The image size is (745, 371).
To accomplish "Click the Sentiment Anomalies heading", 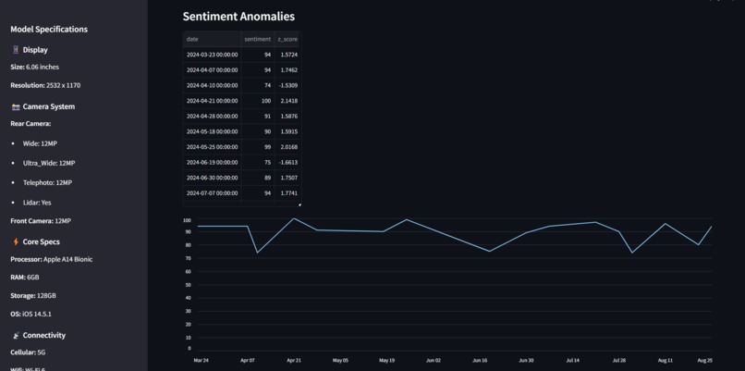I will coord(238,16).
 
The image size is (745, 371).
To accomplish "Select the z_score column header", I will coord(287,39).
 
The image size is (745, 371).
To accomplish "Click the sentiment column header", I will coord(257,39).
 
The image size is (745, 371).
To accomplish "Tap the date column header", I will coord(192,39).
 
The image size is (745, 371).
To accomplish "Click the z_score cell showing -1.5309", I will coord(287,85).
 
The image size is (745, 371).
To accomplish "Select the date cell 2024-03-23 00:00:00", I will coord(212,55).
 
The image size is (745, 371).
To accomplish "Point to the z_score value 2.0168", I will coord(287,147).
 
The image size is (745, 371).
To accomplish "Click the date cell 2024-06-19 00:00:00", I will coord(212,162).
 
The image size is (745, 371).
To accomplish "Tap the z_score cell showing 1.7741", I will coord(287,193).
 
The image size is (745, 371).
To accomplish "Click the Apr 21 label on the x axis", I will coord(294,360).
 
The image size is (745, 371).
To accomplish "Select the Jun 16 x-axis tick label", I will coord(480,360).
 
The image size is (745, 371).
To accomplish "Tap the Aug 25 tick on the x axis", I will coord(704,360).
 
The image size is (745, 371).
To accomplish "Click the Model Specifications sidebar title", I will coord(49,29).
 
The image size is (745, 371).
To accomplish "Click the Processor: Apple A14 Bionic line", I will coord(51,259).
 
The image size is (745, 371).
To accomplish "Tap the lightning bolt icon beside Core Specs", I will coord(16,241).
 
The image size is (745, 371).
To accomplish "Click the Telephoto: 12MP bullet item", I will coord(48,182).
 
